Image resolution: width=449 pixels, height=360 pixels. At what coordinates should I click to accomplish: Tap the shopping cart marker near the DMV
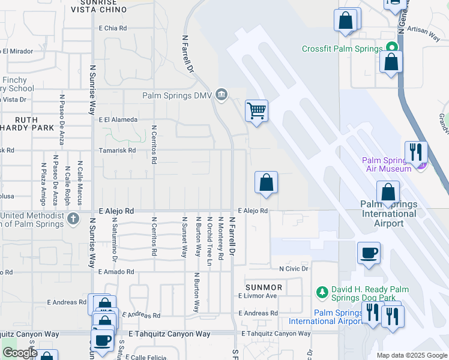(x=256, y=110)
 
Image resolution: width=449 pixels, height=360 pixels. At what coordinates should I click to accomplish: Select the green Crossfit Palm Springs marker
(x=392, y=47)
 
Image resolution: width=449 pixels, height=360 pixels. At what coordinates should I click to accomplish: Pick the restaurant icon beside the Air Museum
(x=415, y=152)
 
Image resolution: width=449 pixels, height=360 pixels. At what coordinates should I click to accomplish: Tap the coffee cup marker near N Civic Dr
(x=369, y=252)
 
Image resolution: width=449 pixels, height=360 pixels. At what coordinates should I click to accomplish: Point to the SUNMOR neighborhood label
(x=264, y=288)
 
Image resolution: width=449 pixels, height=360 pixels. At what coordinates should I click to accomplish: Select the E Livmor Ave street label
(x=258, y=296)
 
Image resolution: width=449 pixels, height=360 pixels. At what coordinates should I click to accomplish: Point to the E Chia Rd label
(x=113, y=28)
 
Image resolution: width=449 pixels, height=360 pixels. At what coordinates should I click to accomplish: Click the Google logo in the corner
(x=20, y=353)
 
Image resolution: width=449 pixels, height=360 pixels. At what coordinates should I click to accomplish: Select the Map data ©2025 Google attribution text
(x=411, y=355)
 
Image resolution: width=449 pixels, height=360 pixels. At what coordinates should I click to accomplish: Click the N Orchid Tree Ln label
(x=209, y=236)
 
